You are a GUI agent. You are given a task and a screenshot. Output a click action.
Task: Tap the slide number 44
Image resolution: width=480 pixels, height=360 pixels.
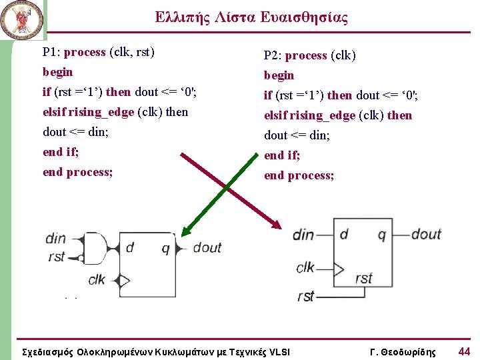[464, 351]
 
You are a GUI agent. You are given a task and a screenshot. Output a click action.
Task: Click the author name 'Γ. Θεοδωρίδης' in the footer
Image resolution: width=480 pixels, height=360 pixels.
[403, 352]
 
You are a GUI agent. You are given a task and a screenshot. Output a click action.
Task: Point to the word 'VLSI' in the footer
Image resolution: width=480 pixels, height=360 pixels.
[279, 352]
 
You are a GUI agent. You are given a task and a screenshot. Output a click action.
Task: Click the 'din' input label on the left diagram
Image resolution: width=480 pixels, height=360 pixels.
[56, 239]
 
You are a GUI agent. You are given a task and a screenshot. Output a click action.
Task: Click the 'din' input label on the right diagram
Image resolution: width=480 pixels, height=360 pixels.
[303, 235]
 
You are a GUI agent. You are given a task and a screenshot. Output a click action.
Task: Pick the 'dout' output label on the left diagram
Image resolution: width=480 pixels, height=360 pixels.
[207, 248]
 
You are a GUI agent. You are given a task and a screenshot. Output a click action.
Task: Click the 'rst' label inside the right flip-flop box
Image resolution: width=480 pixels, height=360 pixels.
[364, 278]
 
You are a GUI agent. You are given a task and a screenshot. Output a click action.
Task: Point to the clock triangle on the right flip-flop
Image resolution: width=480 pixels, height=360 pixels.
[338, 269]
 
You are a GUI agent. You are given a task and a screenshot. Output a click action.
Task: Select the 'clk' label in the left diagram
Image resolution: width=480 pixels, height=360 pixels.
[97, 279]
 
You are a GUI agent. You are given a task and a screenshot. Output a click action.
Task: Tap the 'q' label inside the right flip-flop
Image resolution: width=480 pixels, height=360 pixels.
[381, 234]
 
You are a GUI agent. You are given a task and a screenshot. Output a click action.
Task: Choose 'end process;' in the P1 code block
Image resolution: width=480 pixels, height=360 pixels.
[77, 172]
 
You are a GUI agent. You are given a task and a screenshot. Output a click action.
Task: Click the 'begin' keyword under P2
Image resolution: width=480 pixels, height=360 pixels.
[279, 75]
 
